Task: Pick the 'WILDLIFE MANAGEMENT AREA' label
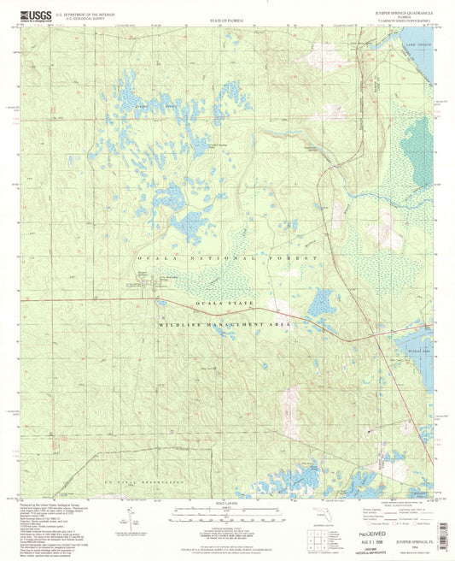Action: pos(224,326)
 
